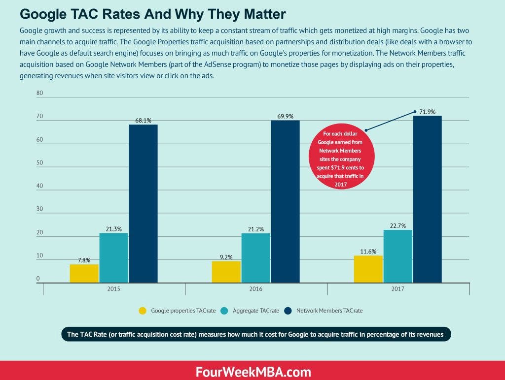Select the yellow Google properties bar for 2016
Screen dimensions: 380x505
click(226, 271)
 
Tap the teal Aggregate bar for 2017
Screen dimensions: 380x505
click(397, 255)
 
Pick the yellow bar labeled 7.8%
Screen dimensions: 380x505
click(84, 273)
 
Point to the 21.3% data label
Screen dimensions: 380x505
click(113, 229)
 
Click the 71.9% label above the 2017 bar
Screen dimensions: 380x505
click(428, 112)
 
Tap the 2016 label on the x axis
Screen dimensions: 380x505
click(255, 289)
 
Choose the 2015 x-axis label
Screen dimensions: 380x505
click(114, 289)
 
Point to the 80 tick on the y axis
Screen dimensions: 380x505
click(40, 93)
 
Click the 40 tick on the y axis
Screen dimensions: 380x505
click(40, 186)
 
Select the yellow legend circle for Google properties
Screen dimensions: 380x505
click(143, 311)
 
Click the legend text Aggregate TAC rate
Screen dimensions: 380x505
click(256, 311)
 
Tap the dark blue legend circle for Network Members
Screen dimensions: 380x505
click(288, 311)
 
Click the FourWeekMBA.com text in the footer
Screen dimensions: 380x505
click(252, 370)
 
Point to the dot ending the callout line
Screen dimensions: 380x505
click(415, 112)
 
